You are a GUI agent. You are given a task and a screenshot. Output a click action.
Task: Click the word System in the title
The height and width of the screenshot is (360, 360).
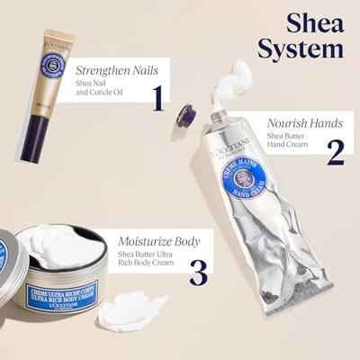(x=300, y=48)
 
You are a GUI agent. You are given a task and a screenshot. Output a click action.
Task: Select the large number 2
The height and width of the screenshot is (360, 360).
(x=335, y=151)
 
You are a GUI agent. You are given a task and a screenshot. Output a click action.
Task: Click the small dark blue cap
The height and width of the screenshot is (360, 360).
(x=186, y=114)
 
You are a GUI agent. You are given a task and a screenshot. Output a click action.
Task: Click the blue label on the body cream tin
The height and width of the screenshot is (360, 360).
(x=65, y=299)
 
